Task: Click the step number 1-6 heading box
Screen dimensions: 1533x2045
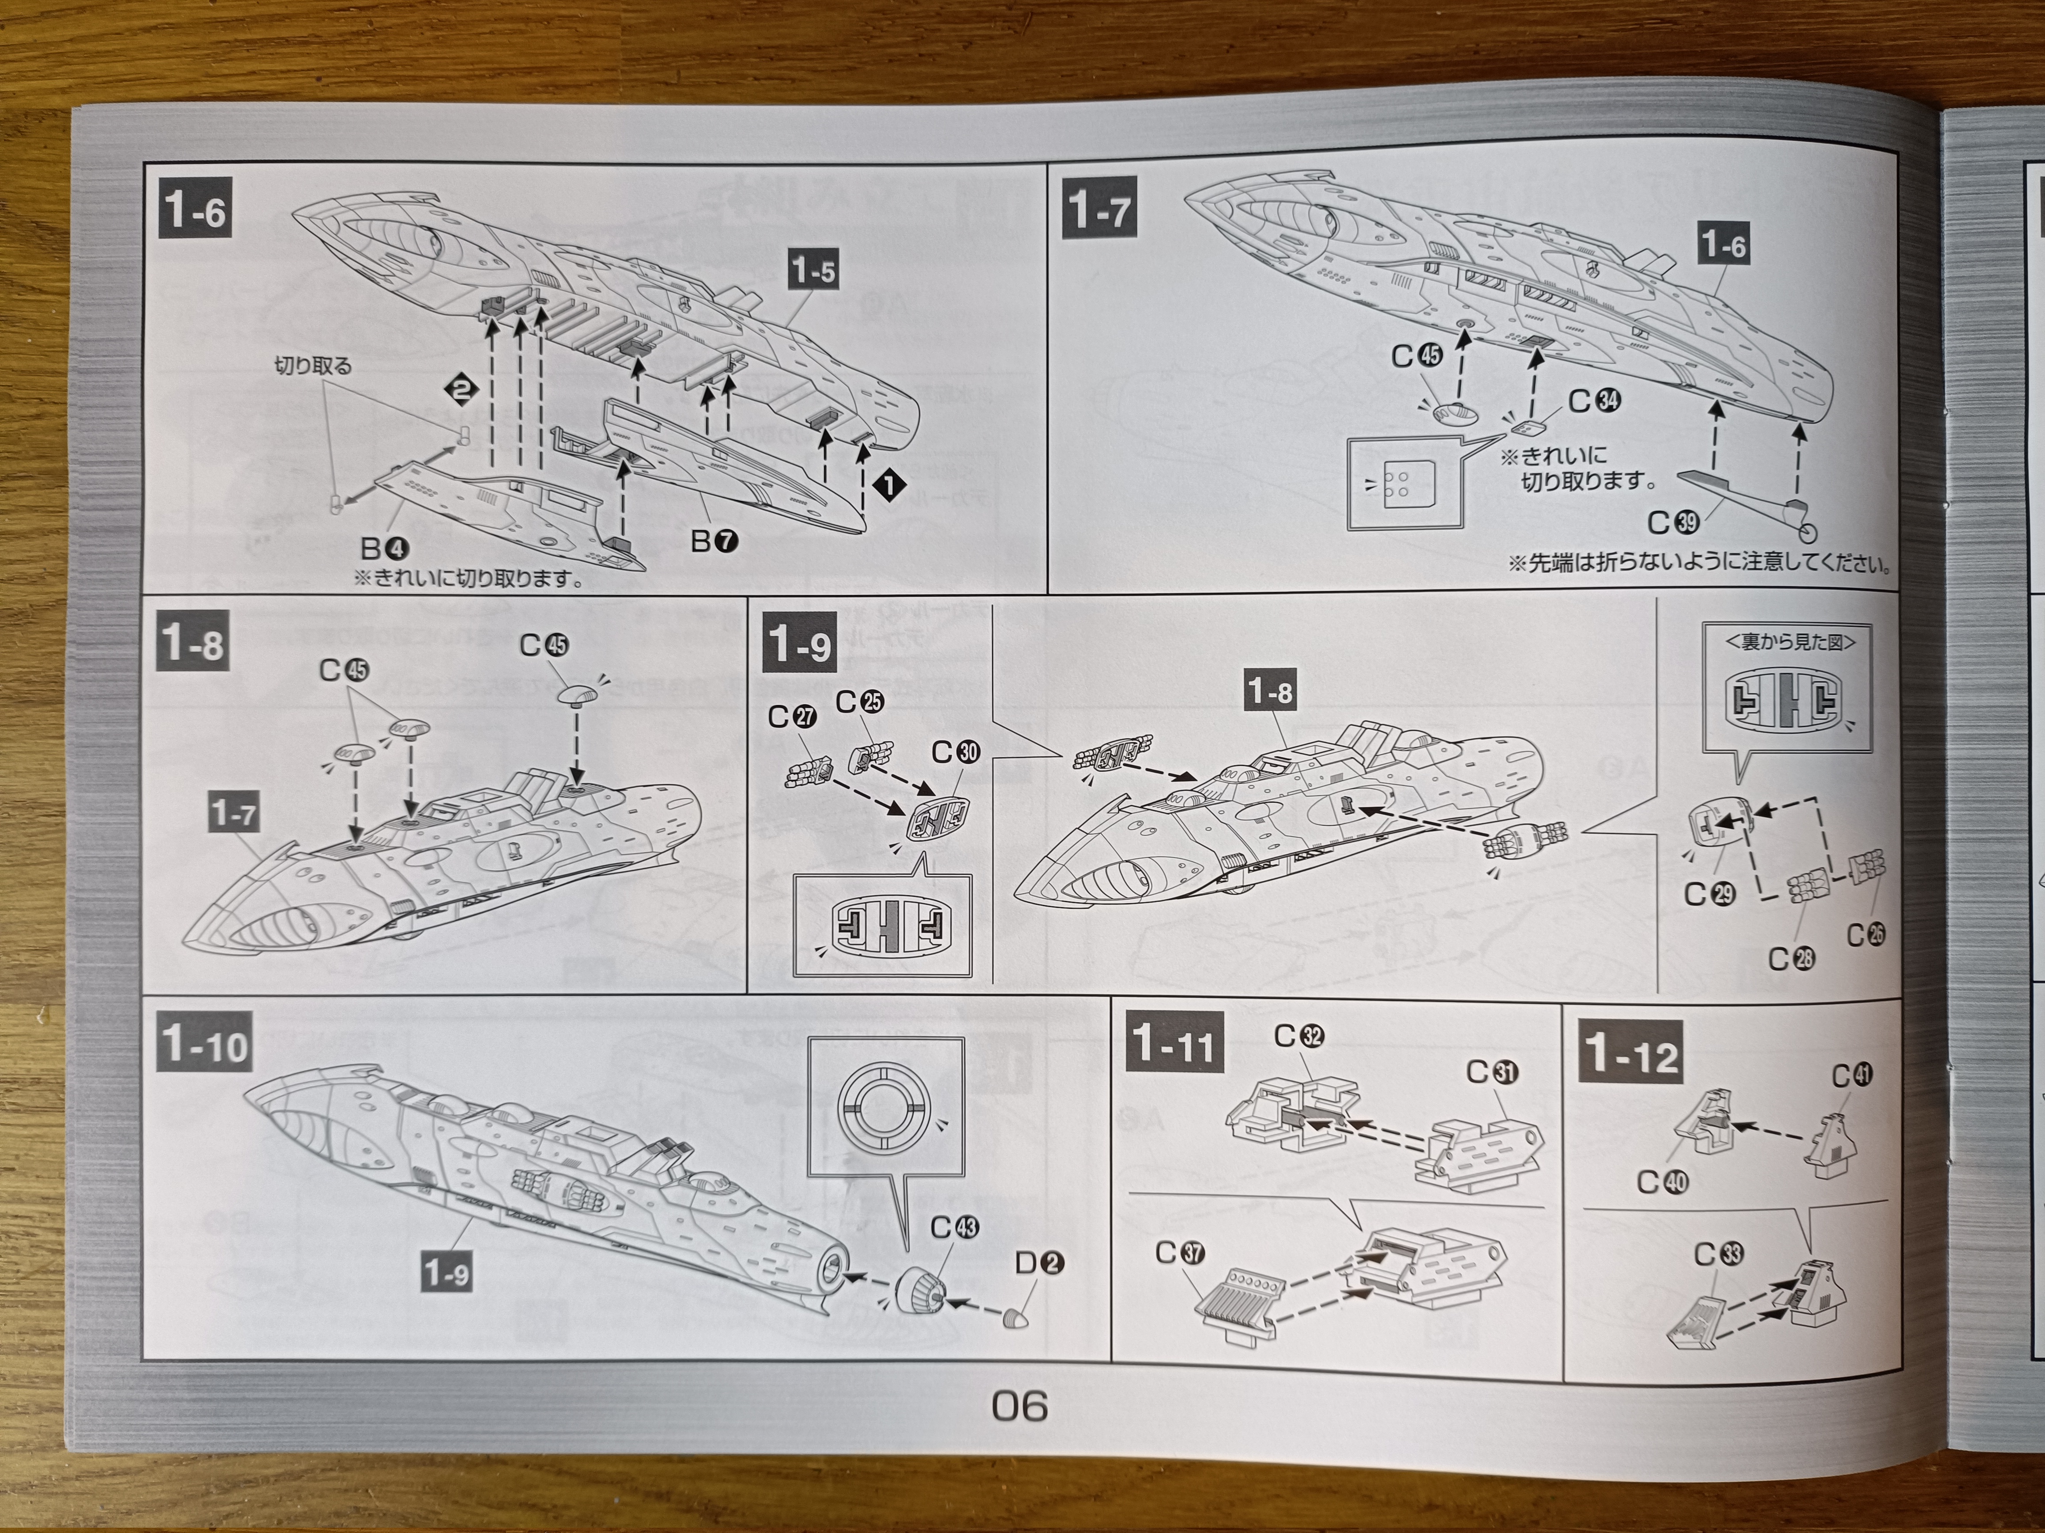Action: [x=194, y=212]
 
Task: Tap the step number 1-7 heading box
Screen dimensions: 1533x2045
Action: [x=1097, y=212]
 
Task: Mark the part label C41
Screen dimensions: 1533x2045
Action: [x=1852, y=1075]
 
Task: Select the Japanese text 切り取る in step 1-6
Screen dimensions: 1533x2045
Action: [x=314, y=366]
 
